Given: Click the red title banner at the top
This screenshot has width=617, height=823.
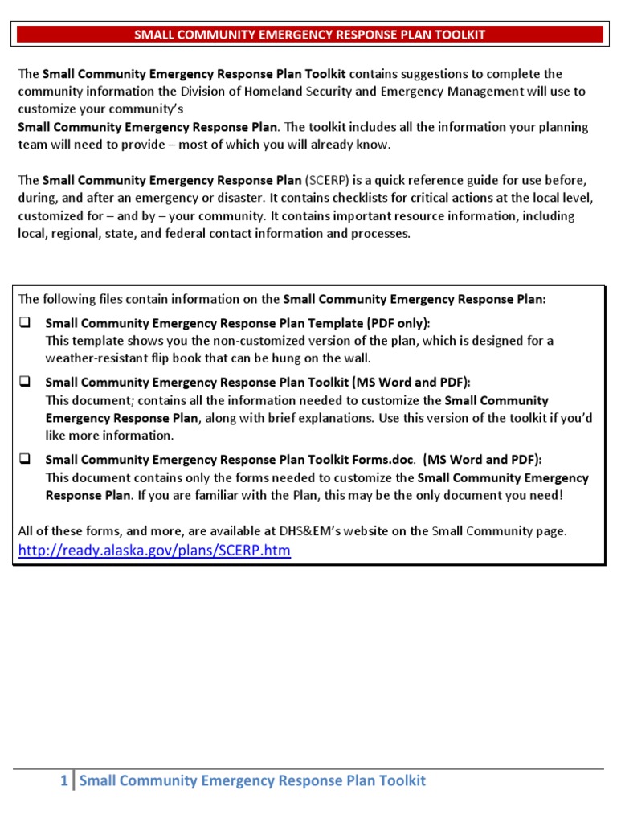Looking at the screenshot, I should click(309, 35).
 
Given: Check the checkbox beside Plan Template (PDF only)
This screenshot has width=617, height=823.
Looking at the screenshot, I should click(24, 322).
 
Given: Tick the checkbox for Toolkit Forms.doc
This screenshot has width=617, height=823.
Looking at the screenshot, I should click(24, 460).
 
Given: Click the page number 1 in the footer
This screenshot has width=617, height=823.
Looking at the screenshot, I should click(64, 780).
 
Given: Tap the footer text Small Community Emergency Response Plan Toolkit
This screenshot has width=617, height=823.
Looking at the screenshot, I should click(253, 780).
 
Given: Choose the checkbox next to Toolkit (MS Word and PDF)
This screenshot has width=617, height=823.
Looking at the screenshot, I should click(24, 382).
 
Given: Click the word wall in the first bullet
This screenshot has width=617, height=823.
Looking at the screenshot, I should click(356, 358).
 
